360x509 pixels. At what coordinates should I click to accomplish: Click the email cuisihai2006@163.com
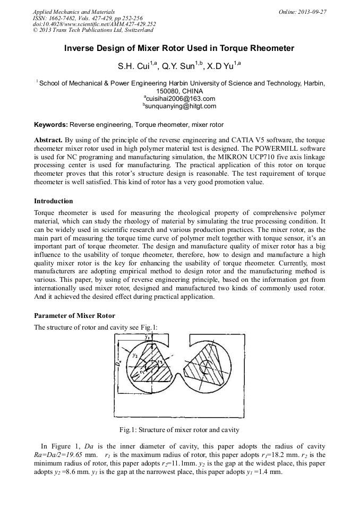pos(181,99)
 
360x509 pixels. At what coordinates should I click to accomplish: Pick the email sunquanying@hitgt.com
pos(181,106)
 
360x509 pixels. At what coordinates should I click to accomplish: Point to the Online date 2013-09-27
pos(310,12)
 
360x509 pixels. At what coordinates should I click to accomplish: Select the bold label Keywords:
pos(51,125)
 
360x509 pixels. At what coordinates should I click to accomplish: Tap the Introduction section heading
pos(54,201)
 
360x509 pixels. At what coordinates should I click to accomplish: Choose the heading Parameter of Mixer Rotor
pos(74,316)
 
